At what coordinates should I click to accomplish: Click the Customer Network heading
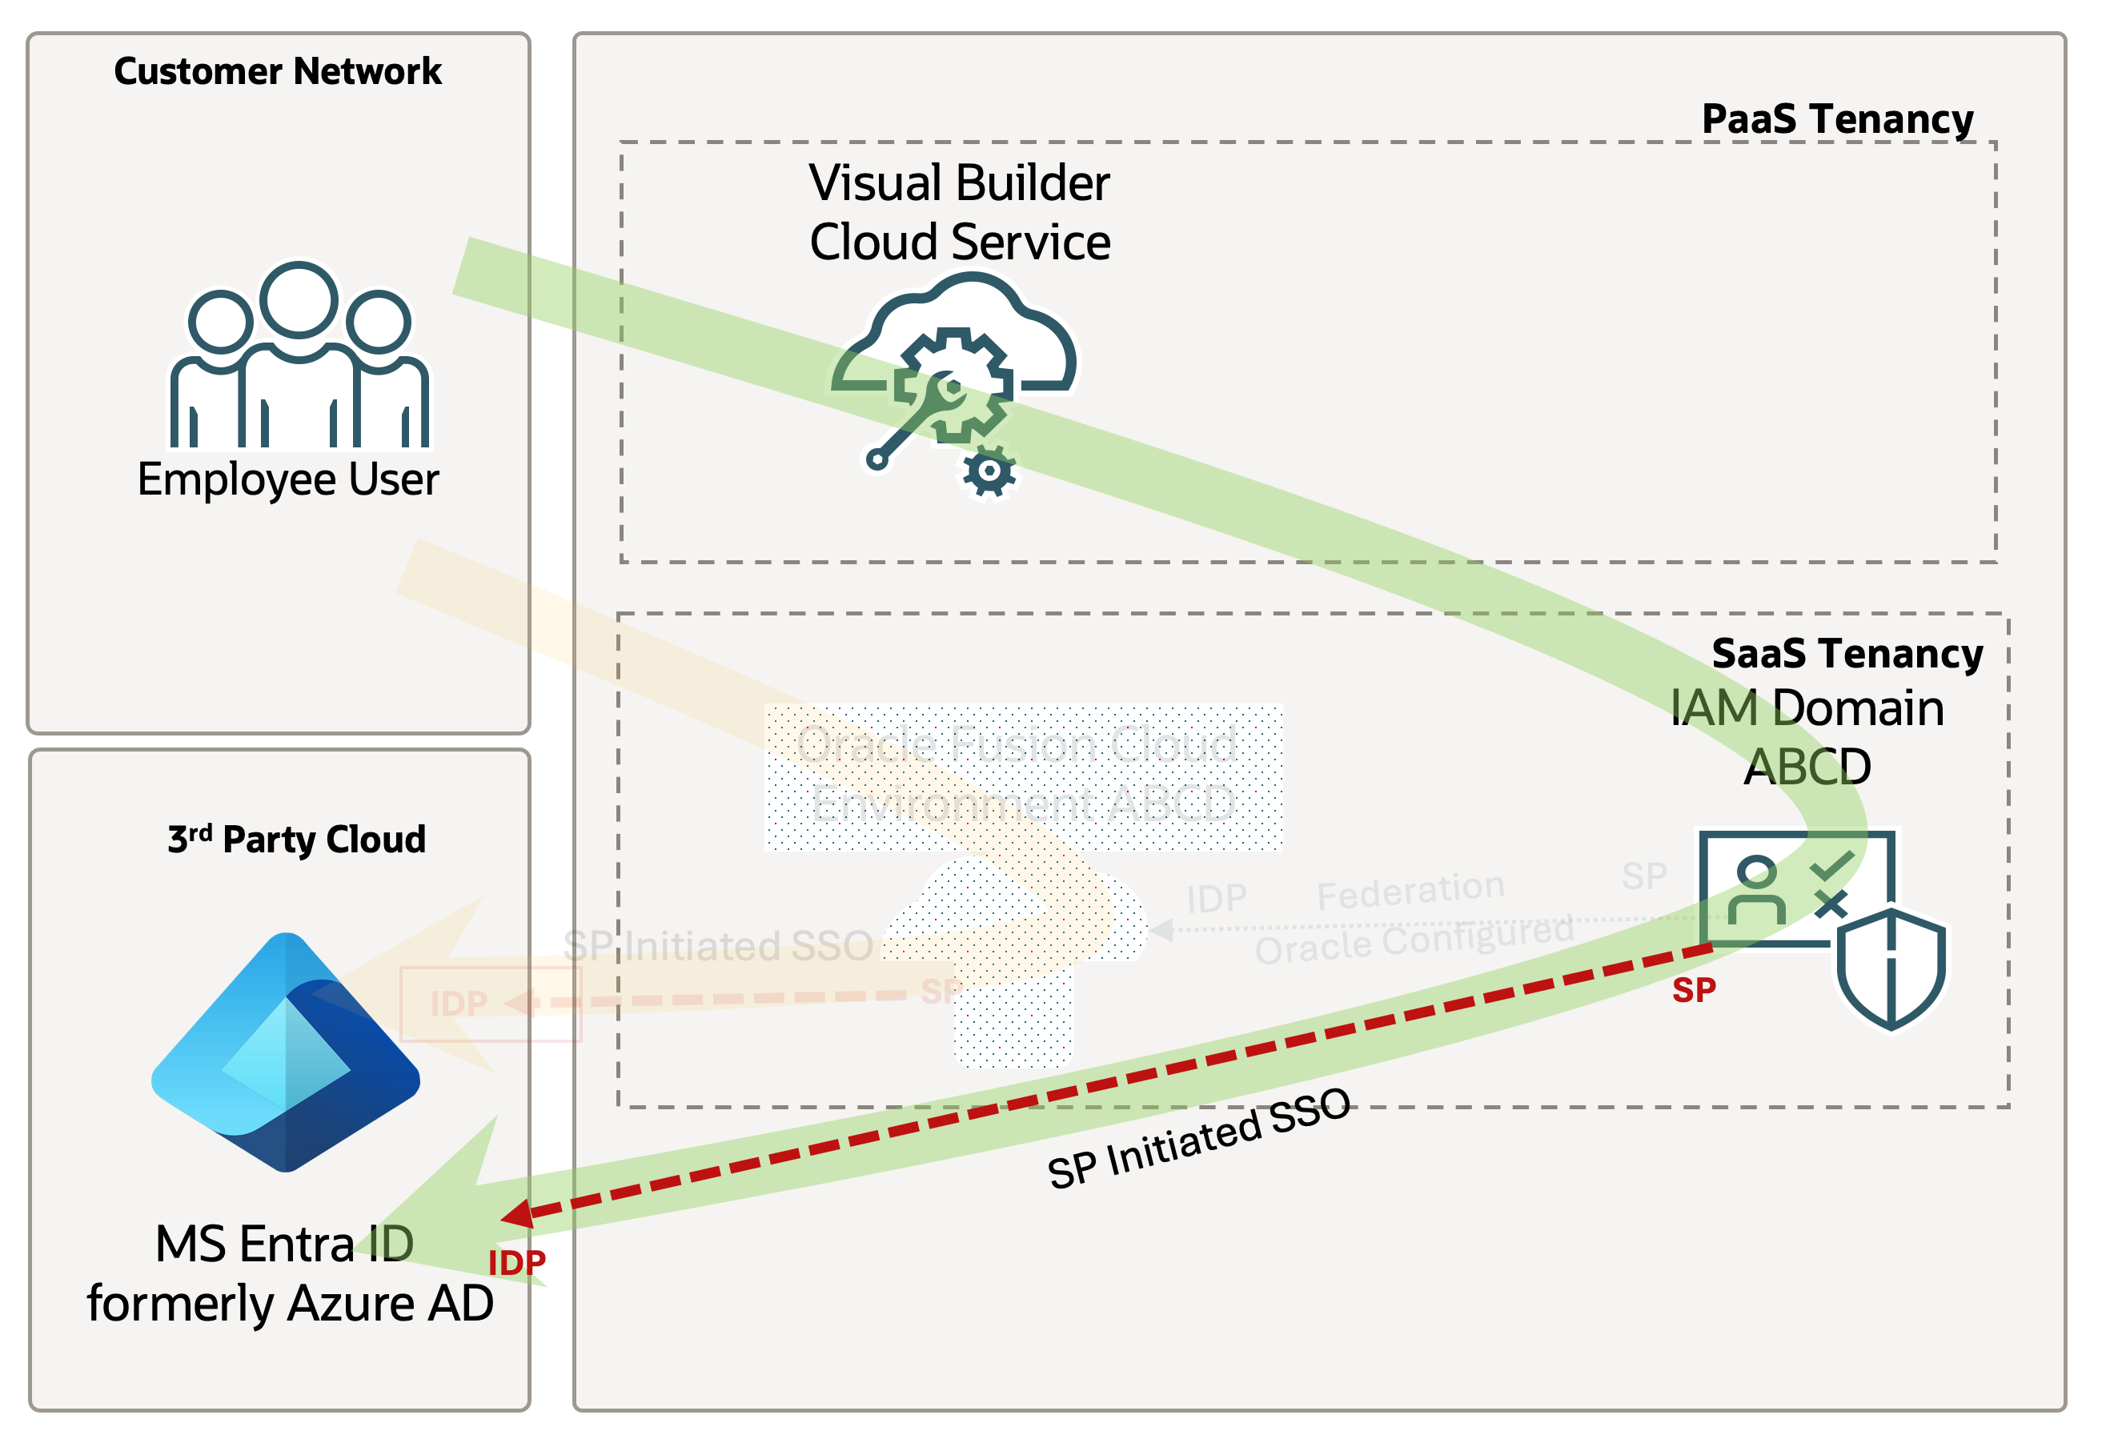[x=278, y=71]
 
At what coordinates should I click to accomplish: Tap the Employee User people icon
[x=299, y=356]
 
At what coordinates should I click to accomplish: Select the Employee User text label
[x=287, y=479]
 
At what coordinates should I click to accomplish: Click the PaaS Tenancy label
[x=1837, y=119]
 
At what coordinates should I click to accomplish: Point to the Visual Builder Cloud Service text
[x=960, y=213]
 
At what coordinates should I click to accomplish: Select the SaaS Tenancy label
[x=1847, y=653]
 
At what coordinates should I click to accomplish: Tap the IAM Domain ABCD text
[x=1807, y=736]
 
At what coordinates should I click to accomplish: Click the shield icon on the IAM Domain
[x=1891, y=968]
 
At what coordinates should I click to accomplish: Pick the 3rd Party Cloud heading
[x=297, y=840]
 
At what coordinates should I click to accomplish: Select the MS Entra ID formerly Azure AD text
[x=290, y=1273]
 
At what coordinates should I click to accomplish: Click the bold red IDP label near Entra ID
[x=516, y=1263]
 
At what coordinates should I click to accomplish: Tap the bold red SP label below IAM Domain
[x=1693, y=990]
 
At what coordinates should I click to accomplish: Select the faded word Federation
[x=1409, y=892]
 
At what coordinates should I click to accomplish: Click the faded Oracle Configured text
[x=1414, y=940]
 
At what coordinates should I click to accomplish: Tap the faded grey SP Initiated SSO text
[x=717, y=946]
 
